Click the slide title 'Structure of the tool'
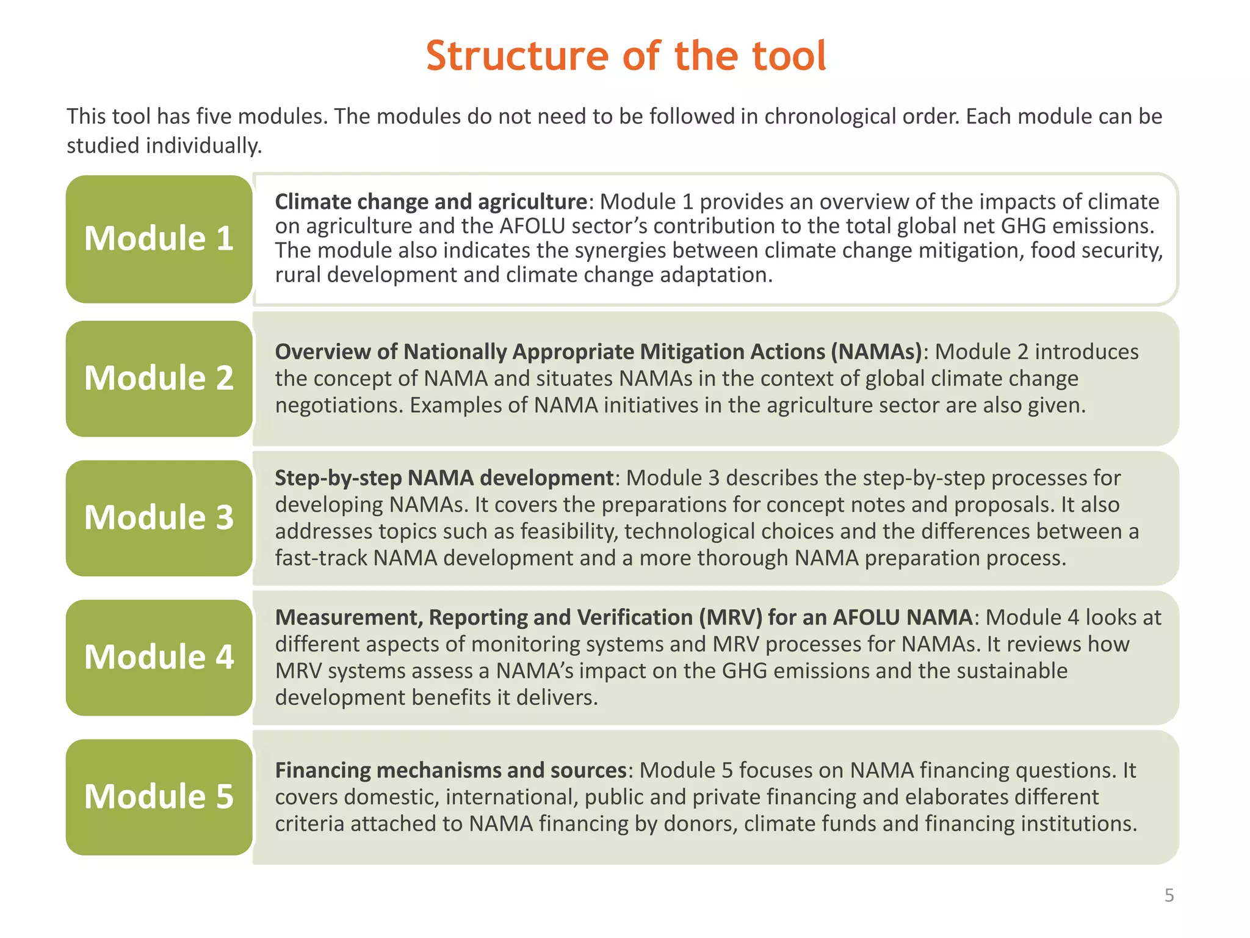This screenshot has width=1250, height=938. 626,56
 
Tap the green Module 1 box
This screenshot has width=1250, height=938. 159,239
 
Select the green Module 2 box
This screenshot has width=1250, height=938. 159,378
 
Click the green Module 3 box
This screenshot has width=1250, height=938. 159,518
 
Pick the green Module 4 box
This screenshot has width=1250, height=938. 159,657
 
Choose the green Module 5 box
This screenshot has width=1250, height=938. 159,796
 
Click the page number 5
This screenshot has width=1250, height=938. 1169,895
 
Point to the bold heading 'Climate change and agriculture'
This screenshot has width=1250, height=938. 430,202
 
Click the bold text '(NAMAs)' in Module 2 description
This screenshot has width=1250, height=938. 876,352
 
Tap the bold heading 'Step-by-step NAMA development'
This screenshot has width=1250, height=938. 444,478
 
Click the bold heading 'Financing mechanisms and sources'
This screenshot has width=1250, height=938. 450,770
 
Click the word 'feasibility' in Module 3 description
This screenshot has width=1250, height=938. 569,531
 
